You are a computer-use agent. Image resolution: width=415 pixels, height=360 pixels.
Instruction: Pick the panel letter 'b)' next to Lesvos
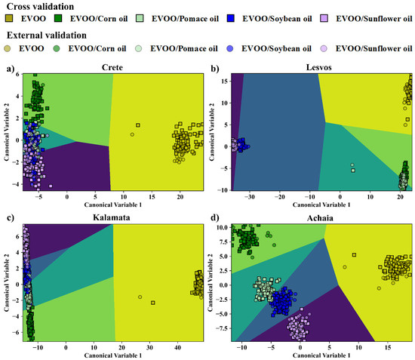point(217,69)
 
